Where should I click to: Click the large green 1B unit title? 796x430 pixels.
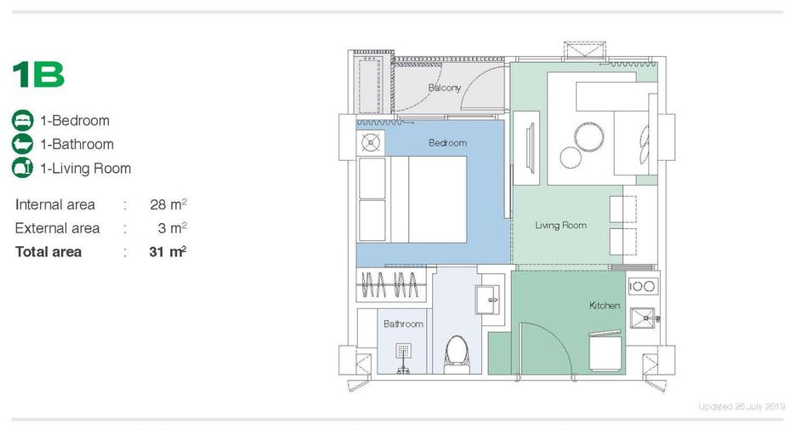point(38,75)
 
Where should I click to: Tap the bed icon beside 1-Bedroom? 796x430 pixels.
point(22,120)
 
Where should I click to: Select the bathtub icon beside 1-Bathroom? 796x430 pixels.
point(22,144)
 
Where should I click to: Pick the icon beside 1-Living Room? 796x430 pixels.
point(22,168)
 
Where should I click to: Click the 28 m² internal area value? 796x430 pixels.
point(168,204)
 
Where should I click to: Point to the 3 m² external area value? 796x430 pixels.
point(172,227)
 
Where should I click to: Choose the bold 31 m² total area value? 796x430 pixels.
point(168,251)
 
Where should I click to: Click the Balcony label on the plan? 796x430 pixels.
point(444,88)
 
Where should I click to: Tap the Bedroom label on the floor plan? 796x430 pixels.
point(447,143)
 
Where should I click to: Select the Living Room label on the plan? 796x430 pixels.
point(560,225)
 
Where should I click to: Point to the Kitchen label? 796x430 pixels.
point(604,306)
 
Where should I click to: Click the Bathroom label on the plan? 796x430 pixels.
point(403,324)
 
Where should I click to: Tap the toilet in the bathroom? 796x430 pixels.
point(457,353)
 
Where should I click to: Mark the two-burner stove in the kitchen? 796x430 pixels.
point(642,286)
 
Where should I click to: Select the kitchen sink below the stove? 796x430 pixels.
point(643,318)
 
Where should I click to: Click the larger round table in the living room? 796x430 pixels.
point(588,137)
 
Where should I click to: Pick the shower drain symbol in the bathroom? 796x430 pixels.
point(403,351)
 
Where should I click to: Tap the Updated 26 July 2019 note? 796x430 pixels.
point(742,407)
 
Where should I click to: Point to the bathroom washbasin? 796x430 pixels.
point(487,300)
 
